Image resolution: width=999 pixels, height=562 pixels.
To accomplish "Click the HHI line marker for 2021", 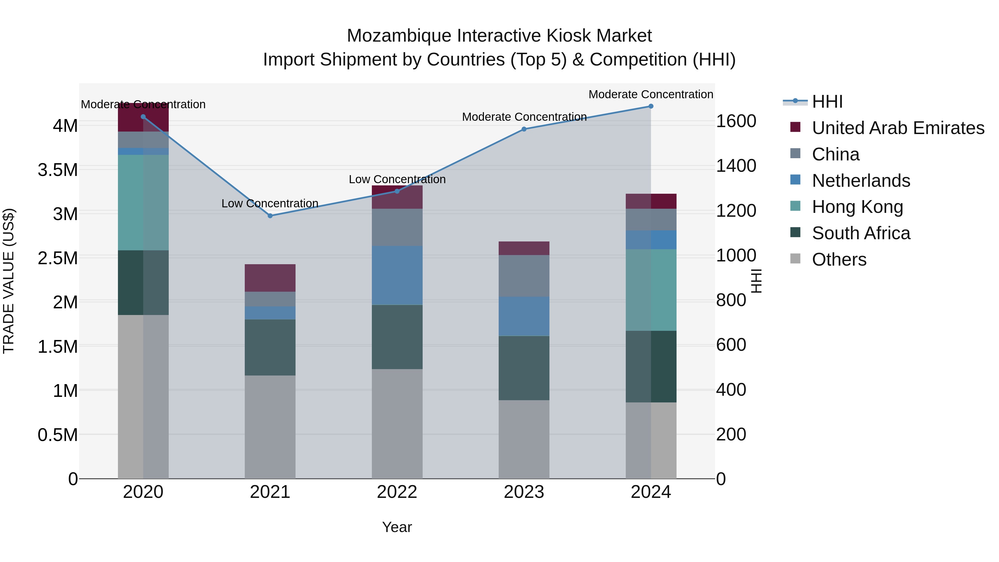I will (x=270, y=216).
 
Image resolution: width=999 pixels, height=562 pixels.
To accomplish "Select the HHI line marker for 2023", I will (x=524, y=129).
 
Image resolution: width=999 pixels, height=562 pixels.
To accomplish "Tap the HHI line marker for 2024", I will (x=651, y=106).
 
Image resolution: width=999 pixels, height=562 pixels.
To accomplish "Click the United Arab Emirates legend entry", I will (x=898, y=128).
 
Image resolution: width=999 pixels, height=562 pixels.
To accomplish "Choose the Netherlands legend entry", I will (x=861, y=181).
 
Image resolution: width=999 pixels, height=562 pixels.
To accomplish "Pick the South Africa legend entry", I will (x=861, y=233).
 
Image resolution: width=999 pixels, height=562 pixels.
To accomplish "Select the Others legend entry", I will (x=839, y=259).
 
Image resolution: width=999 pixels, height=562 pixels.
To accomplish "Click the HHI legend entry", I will (x=827, y=102).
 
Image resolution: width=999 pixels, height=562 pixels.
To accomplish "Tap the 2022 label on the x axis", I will (x=397, y=492).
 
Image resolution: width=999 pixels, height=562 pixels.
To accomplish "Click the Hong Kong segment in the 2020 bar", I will (x=143, y=203).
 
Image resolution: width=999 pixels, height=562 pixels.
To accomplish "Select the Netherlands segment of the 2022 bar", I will (x=397, y=275).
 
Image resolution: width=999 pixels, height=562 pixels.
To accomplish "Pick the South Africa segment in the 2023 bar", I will (x=524, y=368).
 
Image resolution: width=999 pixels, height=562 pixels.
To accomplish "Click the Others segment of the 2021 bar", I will (x=270, y=427).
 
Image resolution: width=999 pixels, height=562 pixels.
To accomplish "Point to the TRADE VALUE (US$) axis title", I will (x=9, y=281).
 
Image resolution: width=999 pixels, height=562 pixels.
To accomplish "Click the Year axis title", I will (x=397, y=527).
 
